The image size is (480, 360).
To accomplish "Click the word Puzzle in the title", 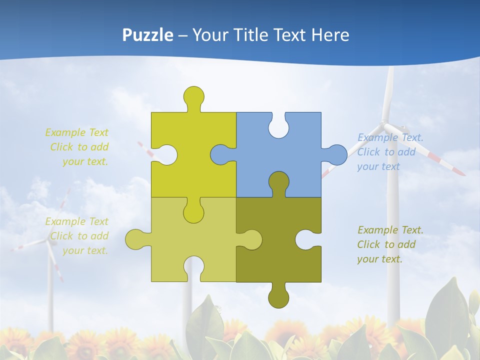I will (147, 35).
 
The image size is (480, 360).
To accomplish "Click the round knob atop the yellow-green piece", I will (193, 96).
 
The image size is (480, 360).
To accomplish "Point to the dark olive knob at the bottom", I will (278, 297).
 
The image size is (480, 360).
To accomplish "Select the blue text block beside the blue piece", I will (390, 152).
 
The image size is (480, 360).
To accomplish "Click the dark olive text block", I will (390, 244).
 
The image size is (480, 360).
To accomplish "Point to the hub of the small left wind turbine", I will (48, 240).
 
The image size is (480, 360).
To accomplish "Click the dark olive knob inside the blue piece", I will (278, 182).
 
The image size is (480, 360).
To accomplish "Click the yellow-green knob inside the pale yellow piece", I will (193, 212).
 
